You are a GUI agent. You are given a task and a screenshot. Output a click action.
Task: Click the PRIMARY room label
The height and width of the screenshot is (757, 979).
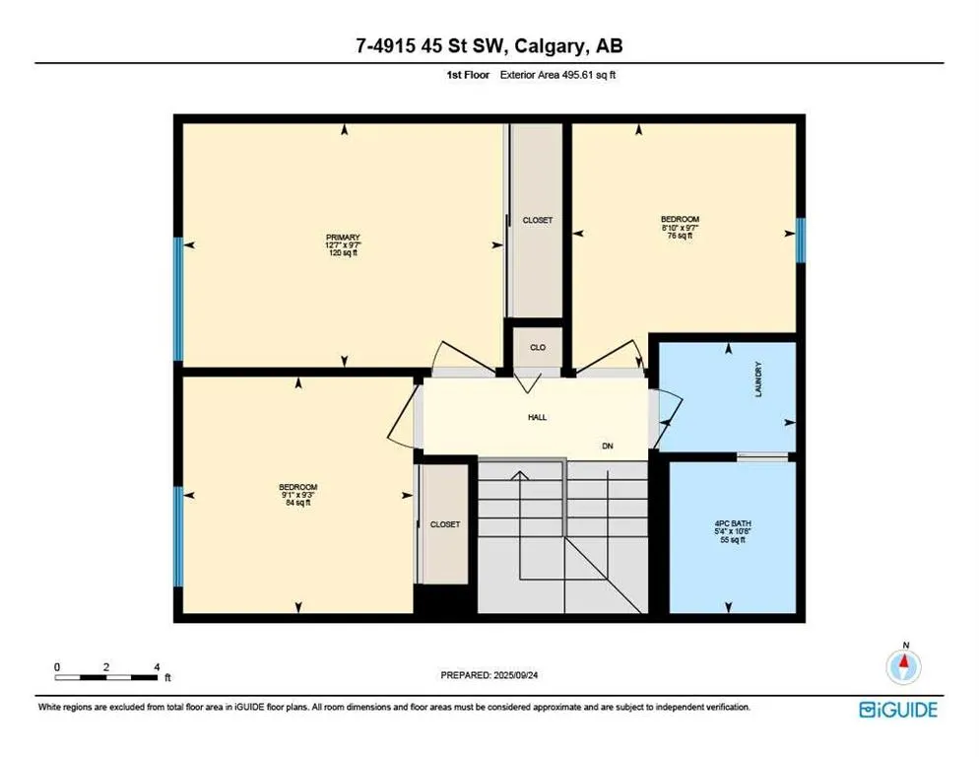coord(343,238)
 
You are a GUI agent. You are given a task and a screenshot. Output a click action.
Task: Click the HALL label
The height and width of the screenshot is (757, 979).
coord(538,417)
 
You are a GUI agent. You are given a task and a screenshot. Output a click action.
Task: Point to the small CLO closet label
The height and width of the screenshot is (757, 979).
coord(538,348)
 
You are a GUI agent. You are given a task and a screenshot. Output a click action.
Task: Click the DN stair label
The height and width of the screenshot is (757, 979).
coord(608,446)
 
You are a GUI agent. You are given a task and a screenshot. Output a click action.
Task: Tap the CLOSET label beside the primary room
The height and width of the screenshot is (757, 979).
coord(538,220)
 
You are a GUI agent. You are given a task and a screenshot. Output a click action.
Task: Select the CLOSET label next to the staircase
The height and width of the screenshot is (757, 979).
coord(445,524)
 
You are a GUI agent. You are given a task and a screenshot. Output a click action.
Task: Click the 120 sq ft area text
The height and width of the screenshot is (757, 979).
coord(343,254)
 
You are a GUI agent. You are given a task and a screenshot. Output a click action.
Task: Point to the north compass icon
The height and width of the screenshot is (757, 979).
coord(903,666)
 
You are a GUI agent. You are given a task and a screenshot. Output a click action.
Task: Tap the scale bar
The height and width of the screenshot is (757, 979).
coord(106,675)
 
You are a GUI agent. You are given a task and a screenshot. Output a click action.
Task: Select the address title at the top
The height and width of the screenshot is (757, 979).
coord(489,45)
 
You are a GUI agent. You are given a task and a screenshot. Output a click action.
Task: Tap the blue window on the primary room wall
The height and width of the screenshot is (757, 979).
coord(178,299)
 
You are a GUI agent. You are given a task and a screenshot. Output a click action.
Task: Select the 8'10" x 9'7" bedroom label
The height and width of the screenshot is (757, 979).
coord(680,228)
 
